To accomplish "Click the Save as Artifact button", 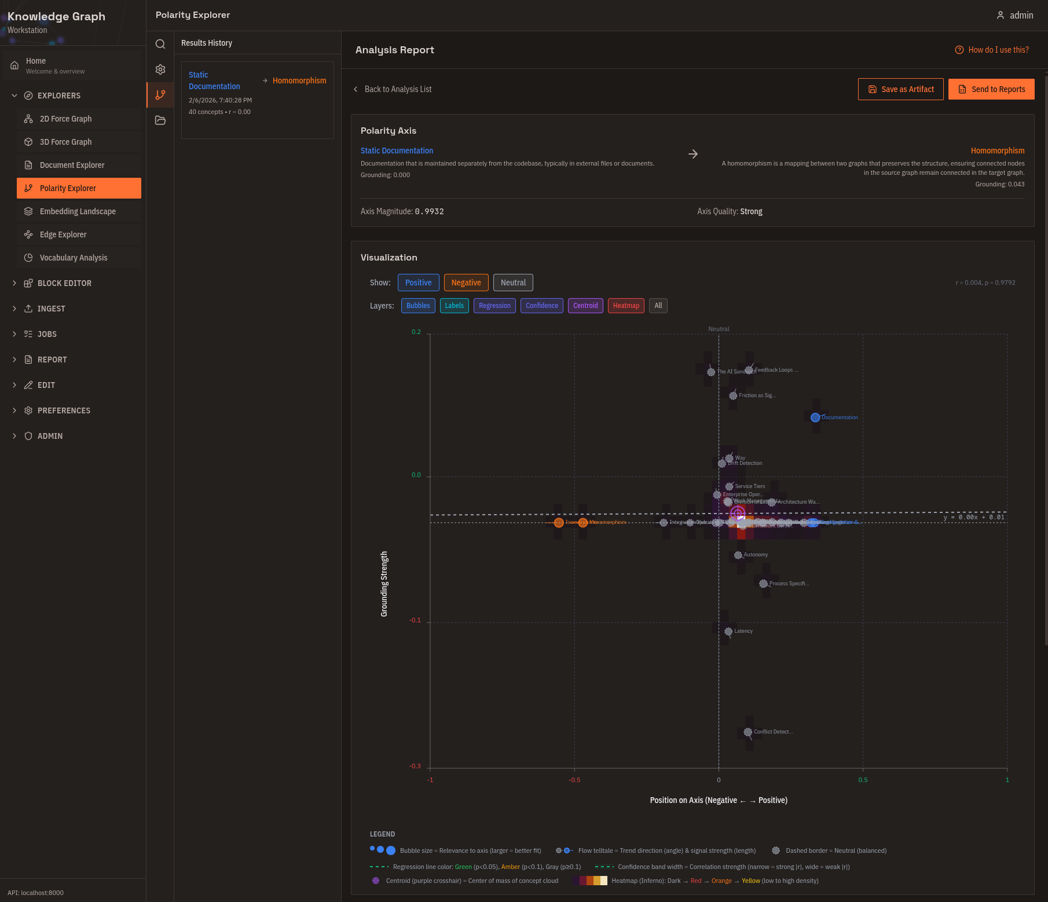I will (900, 89).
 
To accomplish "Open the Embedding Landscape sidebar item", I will (78, 211).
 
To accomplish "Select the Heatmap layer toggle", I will (625, 306).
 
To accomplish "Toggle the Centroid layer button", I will (585, 306).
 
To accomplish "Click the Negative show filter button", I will (466, 283).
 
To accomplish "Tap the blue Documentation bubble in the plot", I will (815, 417).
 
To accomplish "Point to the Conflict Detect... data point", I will (747, 732).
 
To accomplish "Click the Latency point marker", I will (728, 632).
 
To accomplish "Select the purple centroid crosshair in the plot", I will (737, 513).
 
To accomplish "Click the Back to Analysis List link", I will (397, 89).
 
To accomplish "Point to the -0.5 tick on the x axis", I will (574, 780).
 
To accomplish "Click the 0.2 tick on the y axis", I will (416, 332).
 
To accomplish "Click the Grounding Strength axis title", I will (384, 584).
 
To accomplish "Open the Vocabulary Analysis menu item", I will (73, 258).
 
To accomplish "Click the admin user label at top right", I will (1021, 16).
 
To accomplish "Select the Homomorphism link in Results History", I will (299, 80).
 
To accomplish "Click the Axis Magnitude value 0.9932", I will (429, 211).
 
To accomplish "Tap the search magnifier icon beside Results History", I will (160, 44).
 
